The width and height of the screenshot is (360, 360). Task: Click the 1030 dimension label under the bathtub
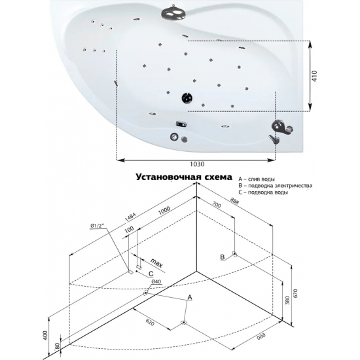(197, 164)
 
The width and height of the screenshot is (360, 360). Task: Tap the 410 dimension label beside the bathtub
(314, 76)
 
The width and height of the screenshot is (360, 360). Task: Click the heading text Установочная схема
(184, 177)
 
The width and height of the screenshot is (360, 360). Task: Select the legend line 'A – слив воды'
(257, 179)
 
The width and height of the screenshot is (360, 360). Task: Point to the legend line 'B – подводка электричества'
(275, 185)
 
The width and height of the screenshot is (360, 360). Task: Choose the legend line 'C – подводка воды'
(263, 192)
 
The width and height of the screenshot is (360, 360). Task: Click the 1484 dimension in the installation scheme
(130, 217)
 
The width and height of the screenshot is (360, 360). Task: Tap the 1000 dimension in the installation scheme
(164, 210)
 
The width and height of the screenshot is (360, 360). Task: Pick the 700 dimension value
(216, 205)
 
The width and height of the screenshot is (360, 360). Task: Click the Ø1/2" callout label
(98, 226)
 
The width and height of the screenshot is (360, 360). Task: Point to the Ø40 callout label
(156, 281)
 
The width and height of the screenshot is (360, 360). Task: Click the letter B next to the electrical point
(223, 257)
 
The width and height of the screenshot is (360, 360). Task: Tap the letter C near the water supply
(151, 274)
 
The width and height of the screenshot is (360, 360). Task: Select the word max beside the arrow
(156, 263)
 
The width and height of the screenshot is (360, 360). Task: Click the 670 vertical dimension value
(295, 293)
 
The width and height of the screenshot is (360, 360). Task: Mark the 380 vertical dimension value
(288, 300)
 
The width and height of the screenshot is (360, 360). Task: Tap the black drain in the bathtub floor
(187, 98)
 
